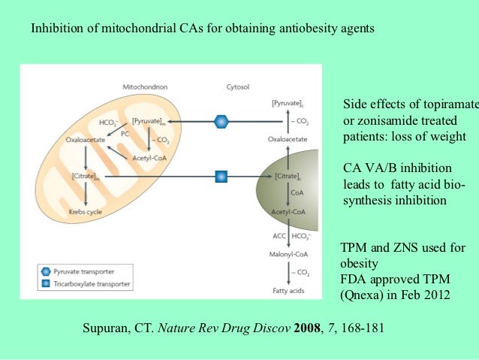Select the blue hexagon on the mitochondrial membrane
[x=221, y=120]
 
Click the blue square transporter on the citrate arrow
[x=221, y=177]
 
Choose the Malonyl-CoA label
[x=286, y=252]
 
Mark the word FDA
[x=354, y=279]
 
